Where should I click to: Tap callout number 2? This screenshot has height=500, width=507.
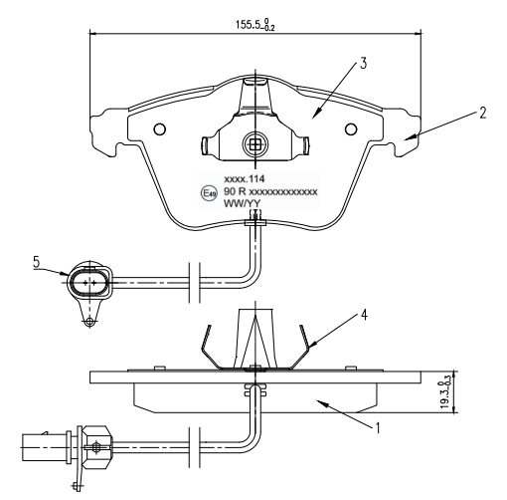click(x=481, y=114)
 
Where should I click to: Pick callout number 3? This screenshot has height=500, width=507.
click(x=364, y=64)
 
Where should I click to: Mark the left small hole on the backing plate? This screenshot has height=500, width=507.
click(x=158, y=129)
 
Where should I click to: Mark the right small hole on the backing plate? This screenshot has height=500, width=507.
click(x=349, y=129)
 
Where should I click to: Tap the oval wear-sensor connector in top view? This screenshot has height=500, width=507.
click(x=87, y=284)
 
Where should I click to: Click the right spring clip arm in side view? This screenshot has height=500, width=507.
click(x=306, y=344)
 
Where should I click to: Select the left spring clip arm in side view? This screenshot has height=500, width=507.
click(x=206, y=344)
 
